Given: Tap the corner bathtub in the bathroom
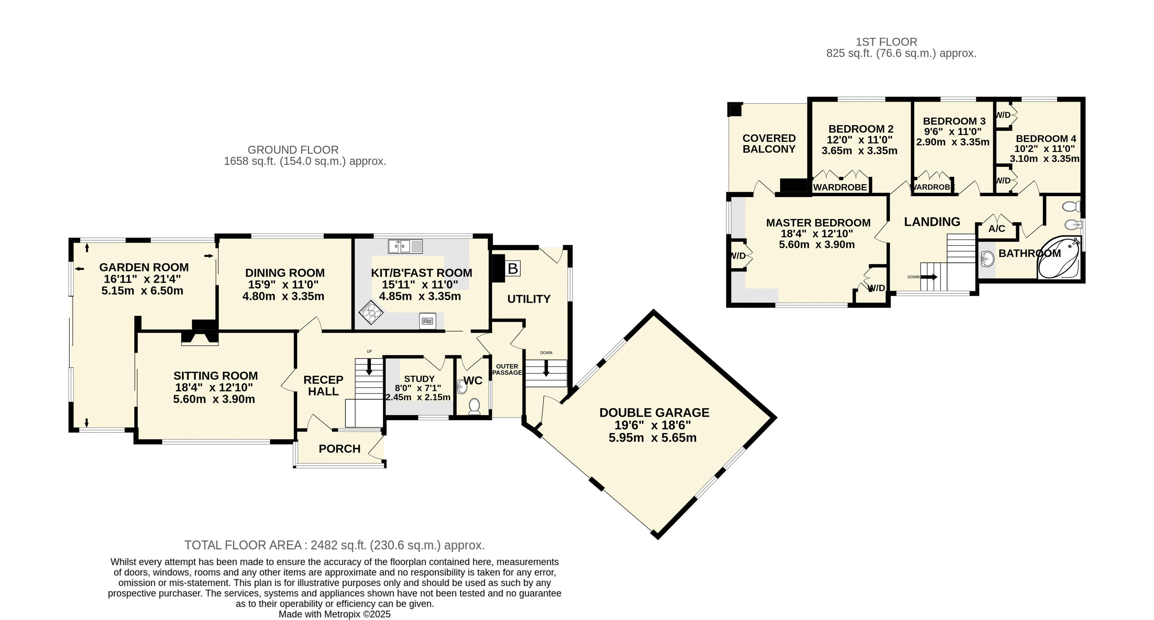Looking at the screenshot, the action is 1058,258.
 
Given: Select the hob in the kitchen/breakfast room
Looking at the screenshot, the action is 370,311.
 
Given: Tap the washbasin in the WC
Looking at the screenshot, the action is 462,386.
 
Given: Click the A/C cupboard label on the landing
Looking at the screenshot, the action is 997,229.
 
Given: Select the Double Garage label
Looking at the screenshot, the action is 654,413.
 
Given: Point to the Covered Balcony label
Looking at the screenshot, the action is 769,144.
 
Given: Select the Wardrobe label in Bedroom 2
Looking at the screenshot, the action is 840,187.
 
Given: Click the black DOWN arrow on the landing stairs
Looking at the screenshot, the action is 929,277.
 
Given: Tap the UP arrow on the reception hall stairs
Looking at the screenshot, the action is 369,366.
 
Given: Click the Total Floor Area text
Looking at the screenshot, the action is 335,545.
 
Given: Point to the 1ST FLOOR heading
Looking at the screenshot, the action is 887,42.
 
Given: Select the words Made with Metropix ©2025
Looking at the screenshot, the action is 335,614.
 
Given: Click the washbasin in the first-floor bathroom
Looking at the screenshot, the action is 988,258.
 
